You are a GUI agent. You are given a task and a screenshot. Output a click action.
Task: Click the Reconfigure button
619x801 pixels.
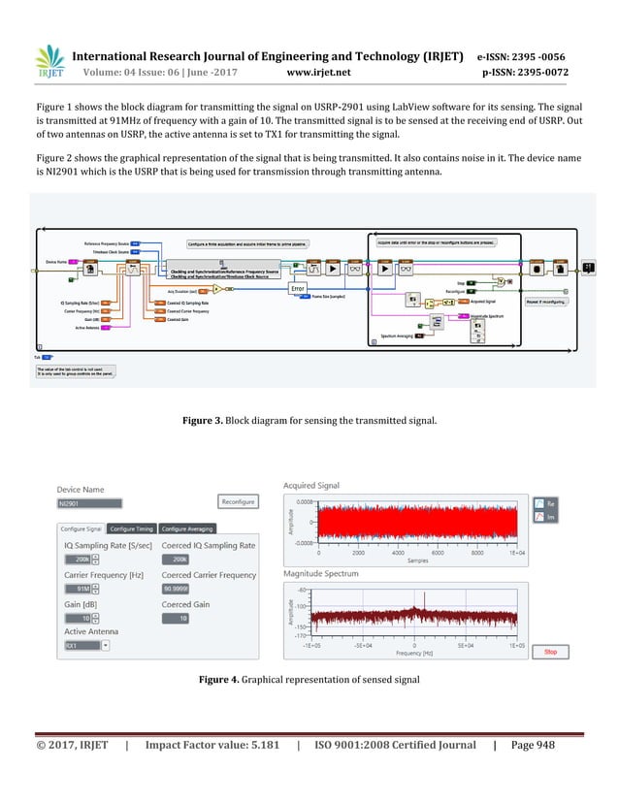coord(239,502)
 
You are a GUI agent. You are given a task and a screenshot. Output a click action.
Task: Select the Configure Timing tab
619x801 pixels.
coord(132,529)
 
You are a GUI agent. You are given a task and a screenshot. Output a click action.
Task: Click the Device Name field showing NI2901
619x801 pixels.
coord(89,503)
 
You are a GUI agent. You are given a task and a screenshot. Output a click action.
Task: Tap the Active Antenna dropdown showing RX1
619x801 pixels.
coord(85,645)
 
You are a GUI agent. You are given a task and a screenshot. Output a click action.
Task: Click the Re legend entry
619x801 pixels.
coord(543,503)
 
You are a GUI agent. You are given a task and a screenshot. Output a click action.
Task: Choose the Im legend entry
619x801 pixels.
coord(543,517)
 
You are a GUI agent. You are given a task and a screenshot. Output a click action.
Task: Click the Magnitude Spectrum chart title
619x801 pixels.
coord(320,574)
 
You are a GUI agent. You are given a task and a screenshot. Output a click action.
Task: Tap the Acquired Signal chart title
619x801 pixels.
coord(311,486)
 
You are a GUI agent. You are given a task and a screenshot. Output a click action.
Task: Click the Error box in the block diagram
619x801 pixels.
coord(298,288)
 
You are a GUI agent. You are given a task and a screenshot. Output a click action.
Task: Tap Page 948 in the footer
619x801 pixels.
coord(538,772)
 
